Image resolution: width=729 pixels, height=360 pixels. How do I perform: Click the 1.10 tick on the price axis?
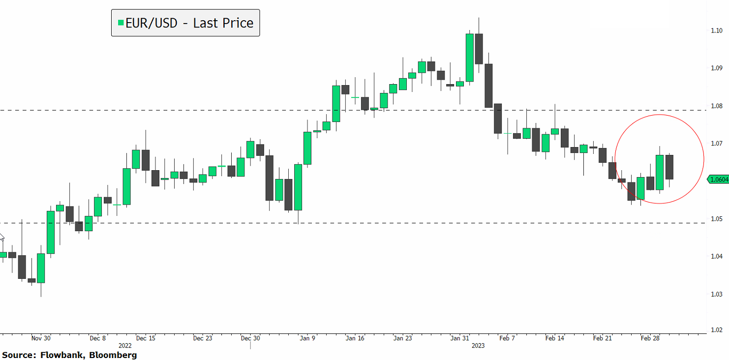[716, 30]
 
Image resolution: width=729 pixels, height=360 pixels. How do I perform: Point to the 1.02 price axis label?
[716, 331]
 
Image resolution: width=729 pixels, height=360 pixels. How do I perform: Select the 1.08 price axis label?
[716, 106]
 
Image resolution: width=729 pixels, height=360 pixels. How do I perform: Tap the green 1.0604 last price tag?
[719, 180]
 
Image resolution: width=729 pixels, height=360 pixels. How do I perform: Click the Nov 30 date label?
[41, 338]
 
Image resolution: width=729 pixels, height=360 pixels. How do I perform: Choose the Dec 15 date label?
[146, 338]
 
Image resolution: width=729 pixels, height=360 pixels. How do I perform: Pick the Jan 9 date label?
[307, 338]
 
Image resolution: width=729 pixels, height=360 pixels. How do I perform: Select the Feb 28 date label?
[650, 338]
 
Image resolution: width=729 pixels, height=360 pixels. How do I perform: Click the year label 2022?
[125, 346]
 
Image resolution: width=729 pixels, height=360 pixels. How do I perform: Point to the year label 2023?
[478, 346]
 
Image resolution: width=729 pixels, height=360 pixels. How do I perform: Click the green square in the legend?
[120, 23]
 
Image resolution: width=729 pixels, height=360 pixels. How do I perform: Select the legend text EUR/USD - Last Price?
[189, 23]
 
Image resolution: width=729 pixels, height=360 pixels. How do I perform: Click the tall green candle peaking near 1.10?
[469, 58]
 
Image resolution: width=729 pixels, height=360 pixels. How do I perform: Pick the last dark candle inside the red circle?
[669, 167]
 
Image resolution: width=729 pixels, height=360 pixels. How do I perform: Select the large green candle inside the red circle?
[659, 172]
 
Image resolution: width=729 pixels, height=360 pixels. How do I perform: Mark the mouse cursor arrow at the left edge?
[1, 238]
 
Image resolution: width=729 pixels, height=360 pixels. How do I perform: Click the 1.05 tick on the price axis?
[716, 218]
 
